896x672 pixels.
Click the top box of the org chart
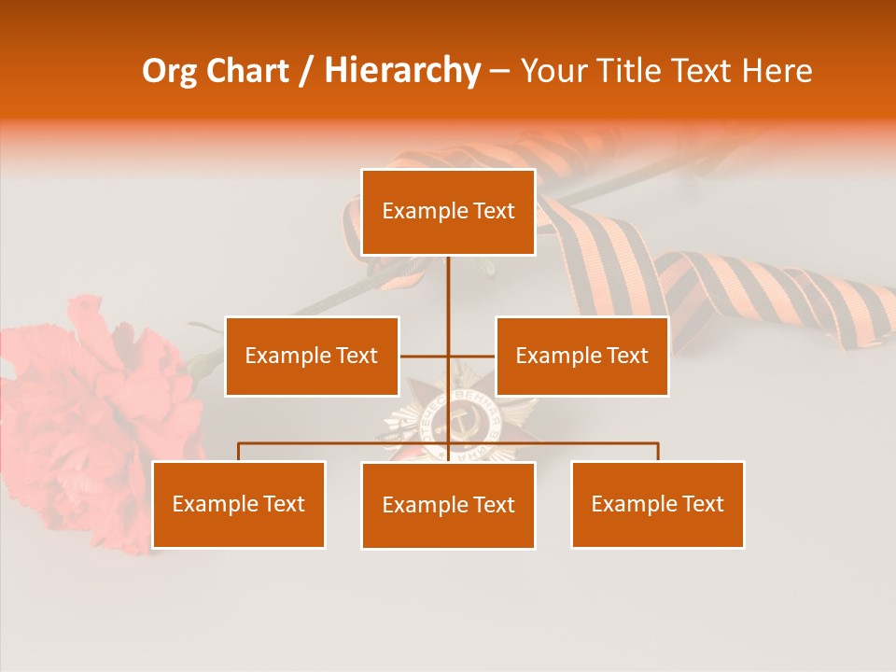[x=448, y=212]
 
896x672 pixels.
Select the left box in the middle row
[x=312, y=356]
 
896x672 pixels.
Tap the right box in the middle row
[x=581, y=356]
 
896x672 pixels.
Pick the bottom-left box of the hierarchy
[x=238, y=504]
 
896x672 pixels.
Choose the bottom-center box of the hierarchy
[x=448, y=505]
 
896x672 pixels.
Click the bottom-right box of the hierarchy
[x=657, y=504]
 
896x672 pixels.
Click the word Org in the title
[x=168, y=71]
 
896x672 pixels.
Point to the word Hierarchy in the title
[x=402, y=71]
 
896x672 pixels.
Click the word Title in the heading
[x=632, y=71]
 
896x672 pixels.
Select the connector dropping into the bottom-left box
[x=239, y=452]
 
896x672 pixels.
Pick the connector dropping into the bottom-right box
[x=657, y=452]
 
